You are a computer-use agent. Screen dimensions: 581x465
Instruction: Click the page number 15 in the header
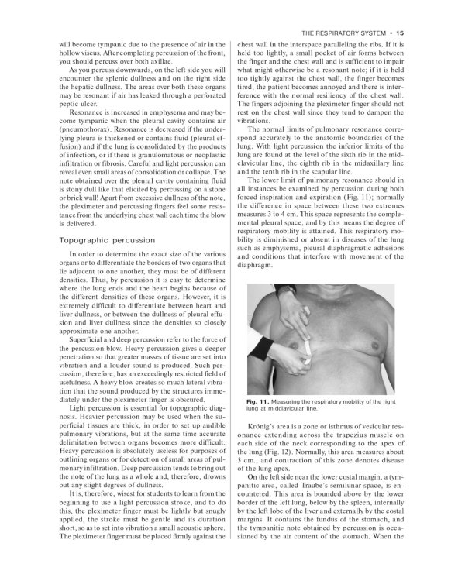(x=400, y=33)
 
